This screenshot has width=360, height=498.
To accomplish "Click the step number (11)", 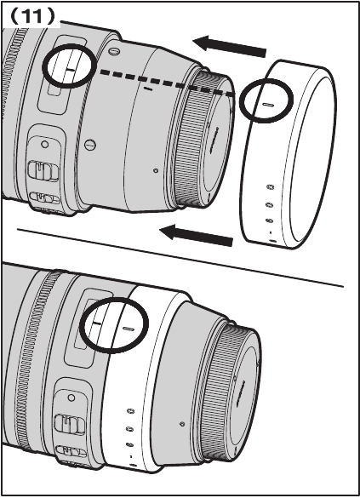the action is click(x=33, y=16).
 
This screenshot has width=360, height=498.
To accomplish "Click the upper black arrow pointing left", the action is click(x=230, y=46).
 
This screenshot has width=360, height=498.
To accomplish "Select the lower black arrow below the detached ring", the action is click(x=197, y=235).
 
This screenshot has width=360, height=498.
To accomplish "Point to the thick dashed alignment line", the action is click(x=166, y=83).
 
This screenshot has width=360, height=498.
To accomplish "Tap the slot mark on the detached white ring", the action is click(x=268, y=104).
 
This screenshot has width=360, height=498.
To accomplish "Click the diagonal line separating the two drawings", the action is click(x=180, y=257).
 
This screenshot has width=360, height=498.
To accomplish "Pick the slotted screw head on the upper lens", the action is click(x=90, y=146).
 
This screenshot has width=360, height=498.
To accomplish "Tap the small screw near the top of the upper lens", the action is click(x=113, y=51).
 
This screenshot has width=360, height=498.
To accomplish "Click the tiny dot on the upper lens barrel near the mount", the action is click(x=156, y=170).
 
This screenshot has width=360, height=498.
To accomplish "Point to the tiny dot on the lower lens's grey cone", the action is click(x=182, y=424).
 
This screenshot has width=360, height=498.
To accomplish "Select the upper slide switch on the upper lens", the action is click(x=43, y=170).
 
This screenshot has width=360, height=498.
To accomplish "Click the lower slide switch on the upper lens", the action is click(x=44, y=198).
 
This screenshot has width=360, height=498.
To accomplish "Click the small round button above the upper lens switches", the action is click(x=45, y=145).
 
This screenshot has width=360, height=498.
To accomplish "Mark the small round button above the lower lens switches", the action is click(x=71, y=398).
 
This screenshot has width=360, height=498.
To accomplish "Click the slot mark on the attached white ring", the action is click(x=129, y=329).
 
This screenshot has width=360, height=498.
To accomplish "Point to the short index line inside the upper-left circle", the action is click(x=70, y=70).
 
